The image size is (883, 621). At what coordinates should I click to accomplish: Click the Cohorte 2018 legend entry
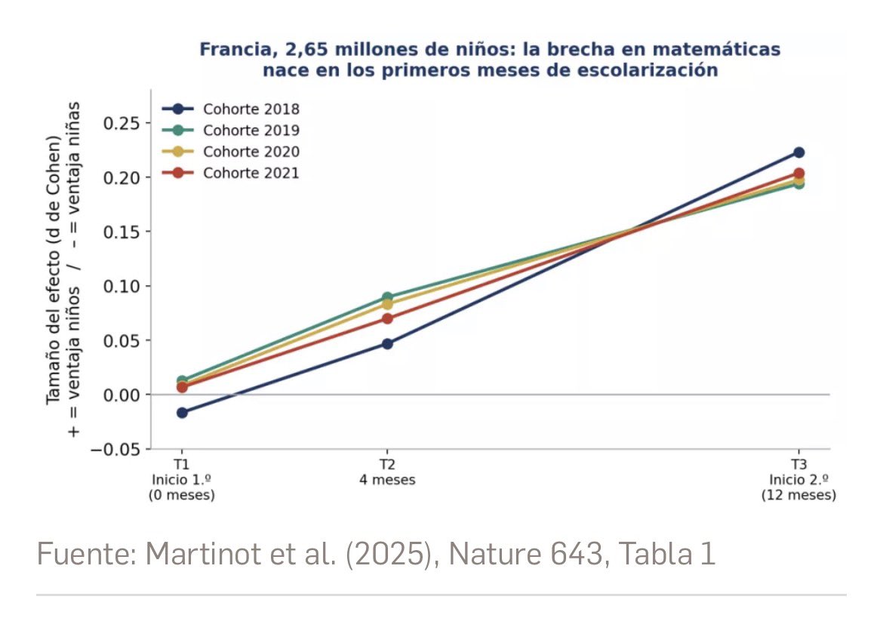tap(231, 109)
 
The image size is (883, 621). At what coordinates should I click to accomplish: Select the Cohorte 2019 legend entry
tap(231, 130)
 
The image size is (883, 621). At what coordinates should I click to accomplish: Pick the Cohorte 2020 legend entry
tap(231, 152)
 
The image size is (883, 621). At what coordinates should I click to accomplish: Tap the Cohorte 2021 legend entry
tap(231, 173)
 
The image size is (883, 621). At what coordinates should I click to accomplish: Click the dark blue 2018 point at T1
tap(182, 413)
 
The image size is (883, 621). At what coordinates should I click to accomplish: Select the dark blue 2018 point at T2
tap(387, 343)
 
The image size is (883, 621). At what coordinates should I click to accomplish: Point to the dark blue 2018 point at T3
tap(798, 152)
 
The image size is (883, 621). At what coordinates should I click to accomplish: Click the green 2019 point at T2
tap(387, 297)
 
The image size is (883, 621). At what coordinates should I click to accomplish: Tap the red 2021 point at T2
tap(387, 318)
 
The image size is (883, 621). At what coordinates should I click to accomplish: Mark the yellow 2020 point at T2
tap(387, 304)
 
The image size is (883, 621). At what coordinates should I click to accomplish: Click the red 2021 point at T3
tap(798, 174)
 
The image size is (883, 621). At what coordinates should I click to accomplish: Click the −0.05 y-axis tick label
tap(115, 449)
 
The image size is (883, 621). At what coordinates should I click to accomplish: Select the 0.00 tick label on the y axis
tap(121, 395)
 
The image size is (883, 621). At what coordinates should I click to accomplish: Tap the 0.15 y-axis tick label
tap(121, 232)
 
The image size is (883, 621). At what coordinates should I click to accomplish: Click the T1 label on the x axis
tap(181, 465)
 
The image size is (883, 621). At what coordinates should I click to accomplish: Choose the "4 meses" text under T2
tap(387, 480)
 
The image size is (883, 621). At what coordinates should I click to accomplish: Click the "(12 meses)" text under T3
tap(798, 495)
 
